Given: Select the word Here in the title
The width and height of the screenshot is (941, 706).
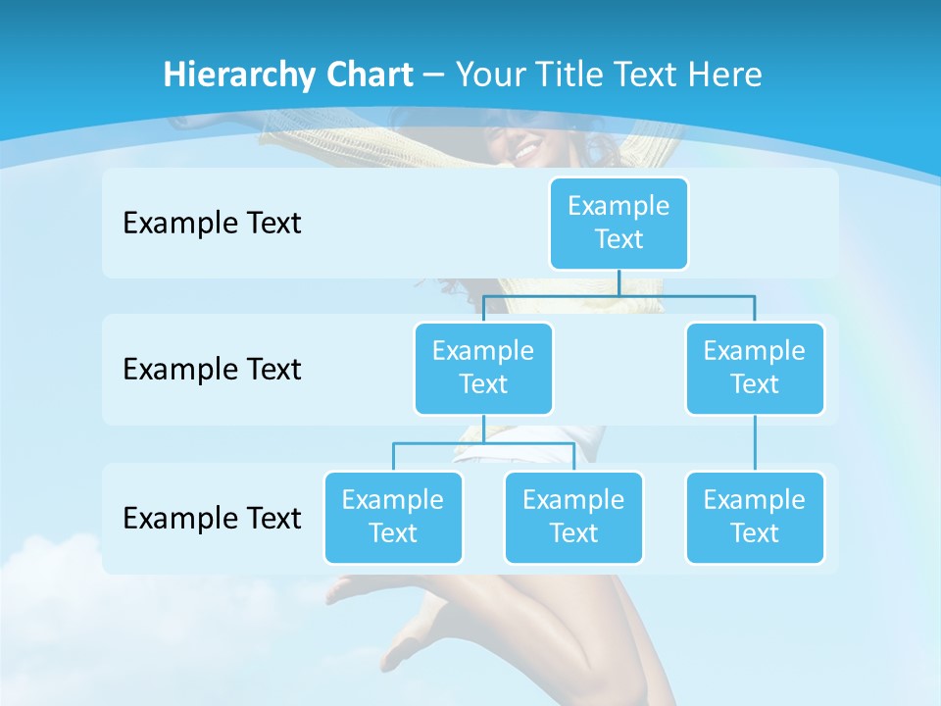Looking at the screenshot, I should point(725,76).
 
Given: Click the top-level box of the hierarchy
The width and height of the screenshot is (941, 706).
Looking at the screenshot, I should point(619,223).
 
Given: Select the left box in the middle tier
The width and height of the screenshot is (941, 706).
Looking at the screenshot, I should point(483,368).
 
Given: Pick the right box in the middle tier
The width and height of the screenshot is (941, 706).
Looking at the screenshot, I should point(755,368).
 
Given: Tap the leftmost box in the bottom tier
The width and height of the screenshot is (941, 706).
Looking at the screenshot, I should point(393,517).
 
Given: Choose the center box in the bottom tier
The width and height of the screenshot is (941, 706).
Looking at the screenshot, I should point(573,517).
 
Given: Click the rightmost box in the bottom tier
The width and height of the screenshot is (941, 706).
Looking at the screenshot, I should point(755,517).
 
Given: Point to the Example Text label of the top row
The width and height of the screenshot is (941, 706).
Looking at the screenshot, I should point(212,224).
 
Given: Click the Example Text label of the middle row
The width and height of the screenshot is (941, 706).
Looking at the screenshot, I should point(212,370).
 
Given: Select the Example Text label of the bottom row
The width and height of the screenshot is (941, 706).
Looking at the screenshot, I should point(212,519).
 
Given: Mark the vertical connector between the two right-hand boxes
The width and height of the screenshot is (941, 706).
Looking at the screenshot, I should point(755,443).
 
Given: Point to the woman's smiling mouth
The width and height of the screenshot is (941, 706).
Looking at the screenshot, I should point(526,153).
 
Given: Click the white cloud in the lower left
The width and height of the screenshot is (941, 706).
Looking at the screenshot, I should point(49,569).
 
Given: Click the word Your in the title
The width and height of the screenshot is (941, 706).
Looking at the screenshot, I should point(487,76).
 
